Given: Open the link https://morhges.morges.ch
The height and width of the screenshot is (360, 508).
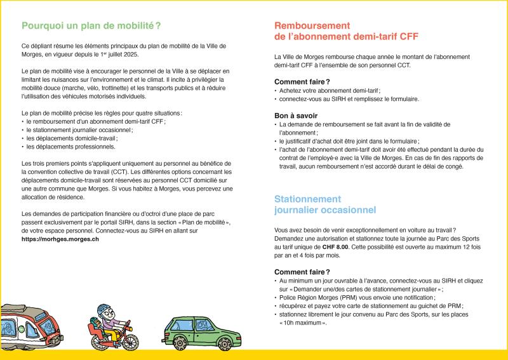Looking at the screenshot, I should click(x=59, y=239).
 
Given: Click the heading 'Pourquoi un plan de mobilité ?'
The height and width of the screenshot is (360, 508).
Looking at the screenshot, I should click(x=91, y=26).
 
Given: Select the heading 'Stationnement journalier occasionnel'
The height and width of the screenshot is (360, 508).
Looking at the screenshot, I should click(x=324, y=204).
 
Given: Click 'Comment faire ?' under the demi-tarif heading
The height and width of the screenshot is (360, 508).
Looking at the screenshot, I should click(x=302, y=82).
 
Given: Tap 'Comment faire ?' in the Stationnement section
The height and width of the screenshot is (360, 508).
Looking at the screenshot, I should click(x=302, y=272).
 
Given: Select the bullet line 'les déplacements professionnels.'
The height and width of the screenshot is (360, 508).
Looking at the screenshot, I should click(x=70, y=147).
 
